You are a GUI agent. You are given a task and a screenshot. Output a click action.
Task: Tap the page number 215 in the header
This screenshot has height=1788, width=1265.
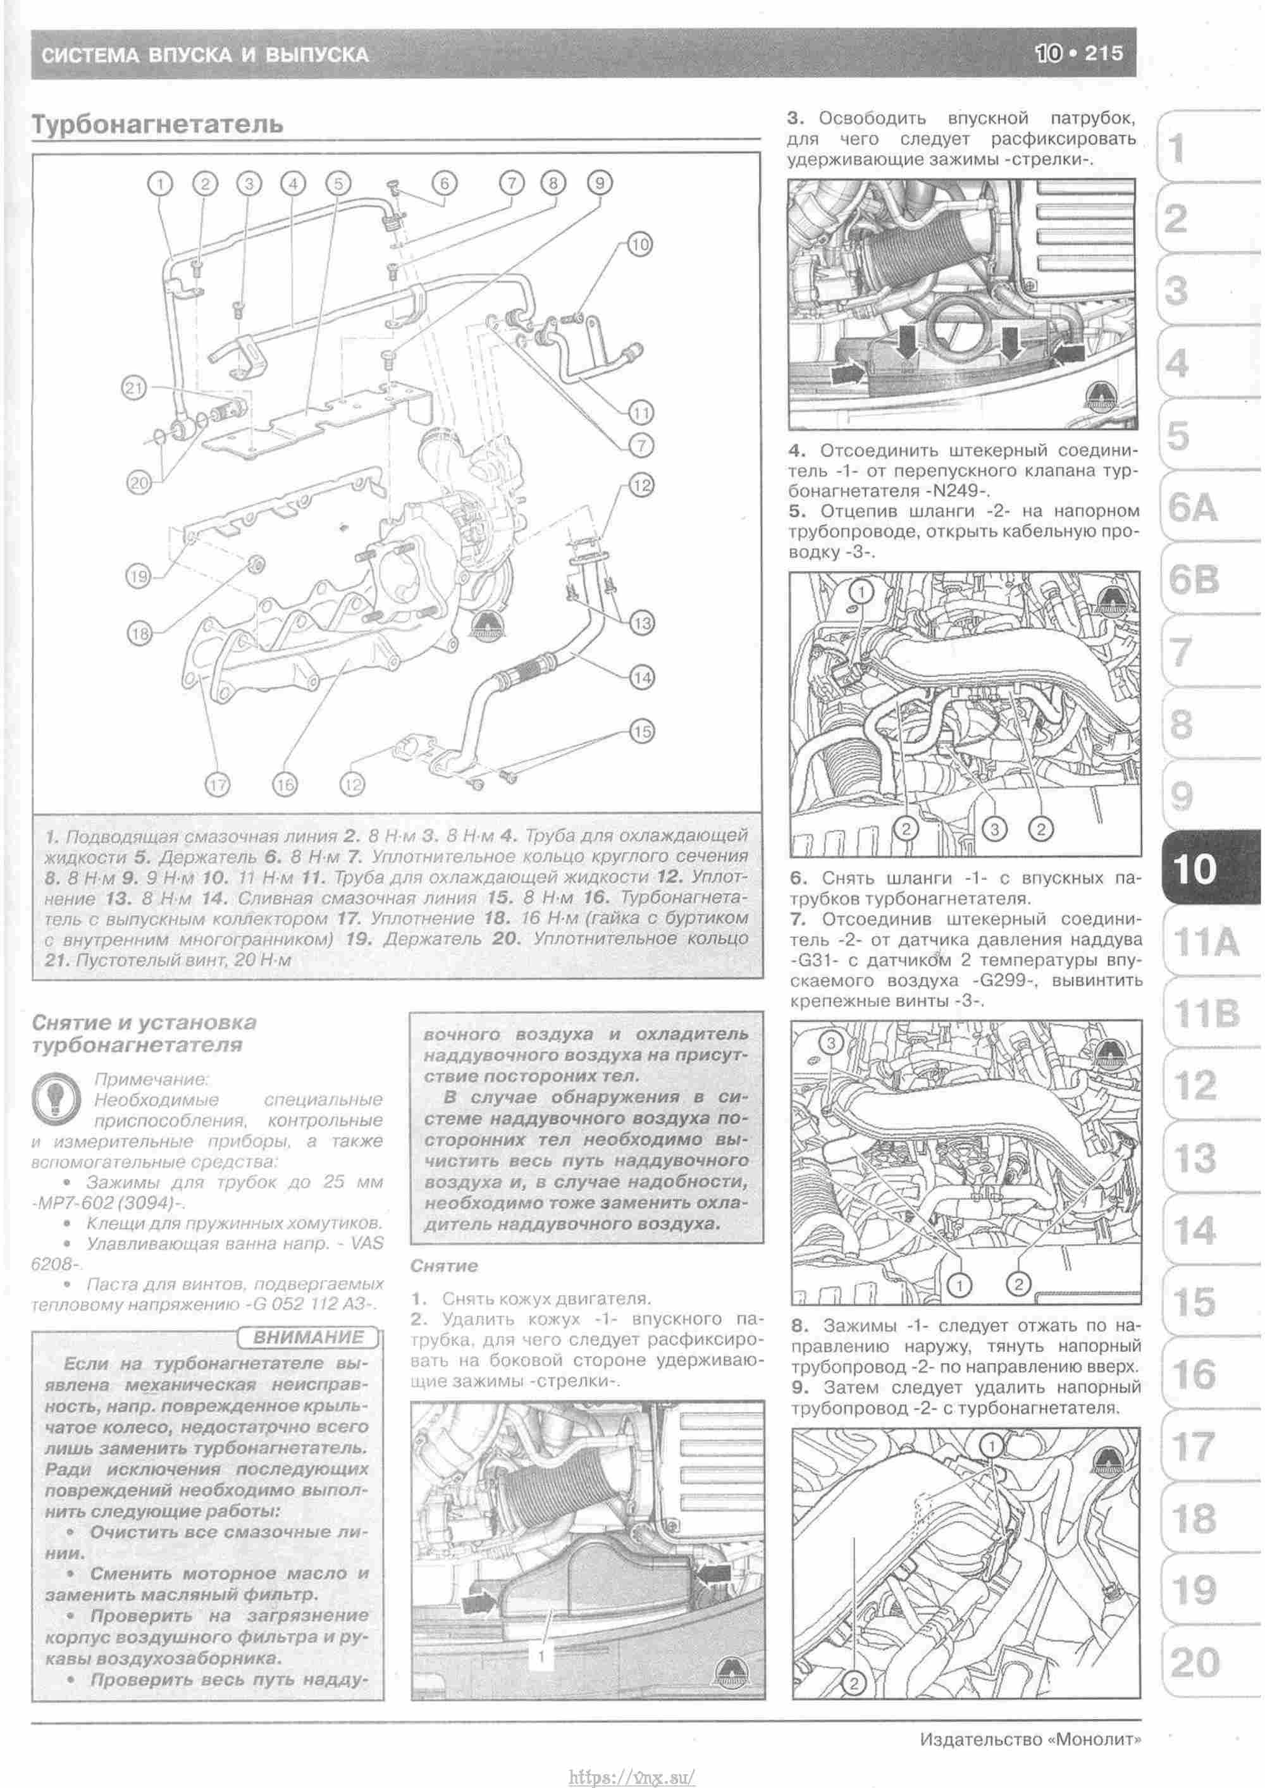point(1103,53)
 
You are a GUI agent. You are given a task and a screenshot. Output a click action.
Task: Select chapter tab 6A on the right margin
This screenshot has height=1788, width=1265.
point(1192,508)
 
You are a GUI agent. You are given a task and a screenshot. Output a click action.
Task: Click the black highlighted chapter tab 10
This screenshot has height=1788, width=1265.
point(1194,868)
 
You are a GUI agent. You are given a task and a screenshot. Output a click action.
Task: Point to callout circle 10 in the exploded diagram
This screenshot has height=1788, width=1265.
point(639,245)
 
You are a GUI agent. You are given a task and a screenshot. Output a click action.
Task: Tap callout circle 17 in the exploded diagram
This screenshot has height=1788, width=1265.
point(218,785)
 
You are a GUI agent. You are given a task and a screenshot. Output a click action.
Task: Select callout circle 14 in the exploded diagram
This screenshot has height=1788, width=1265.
point(642,677)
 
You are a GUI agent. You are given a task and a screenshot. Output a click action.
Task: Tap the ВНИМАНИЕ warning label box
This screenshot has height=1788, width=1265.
point(309,1338)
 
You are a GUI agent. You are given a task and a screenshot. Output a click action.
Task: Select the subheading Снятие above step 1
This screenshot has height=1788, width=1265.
point(444,1266)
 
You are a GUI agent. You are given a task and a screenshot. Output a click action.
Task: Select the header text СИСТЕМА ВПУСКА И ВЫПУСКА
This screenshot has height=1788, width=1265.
point(204,54)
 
